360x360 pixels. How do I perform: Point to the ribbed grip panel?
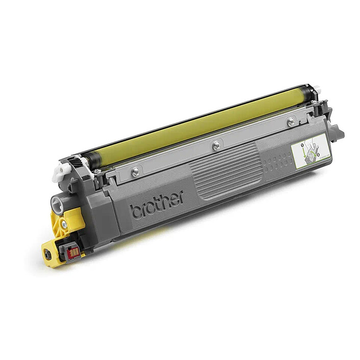point(225,171)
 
